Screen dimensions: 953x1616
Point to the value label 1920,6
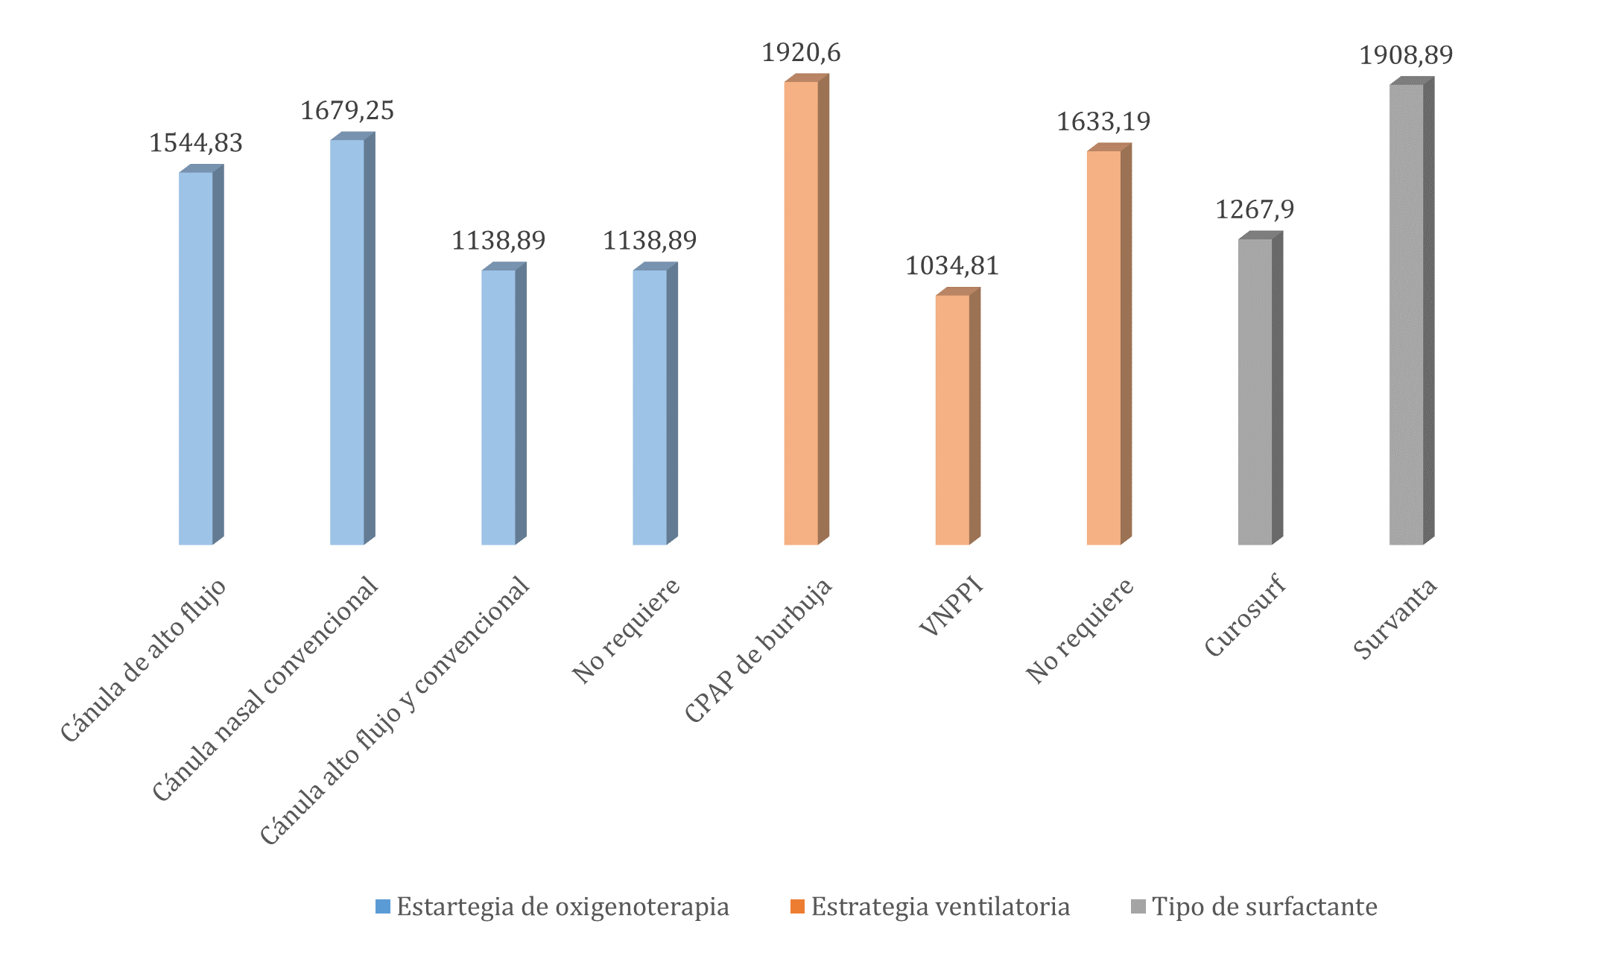pyautogui.click(x=801, y=53)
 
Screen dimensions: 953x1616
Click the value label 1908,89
pyautogui.click(x=1406, y=55)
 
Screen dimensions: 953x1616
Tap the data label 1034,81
pyautogui.click(x=952, y=266)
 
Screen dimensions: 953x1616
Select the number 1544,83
pyautogui.click(x=196, y=143)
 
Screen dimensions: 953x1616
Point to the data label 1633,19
pyautogui.click(x=1103, y=121)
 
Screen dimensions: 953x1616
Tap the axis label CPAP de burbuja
pyautogui.click(x=758, y=650)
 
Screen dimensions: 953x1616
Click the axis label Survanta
pyautogui.click(x=1395, y=619)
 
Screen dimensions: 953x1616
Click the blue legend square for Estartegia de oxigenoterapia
pyautogui.click(x=383, y=907)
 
